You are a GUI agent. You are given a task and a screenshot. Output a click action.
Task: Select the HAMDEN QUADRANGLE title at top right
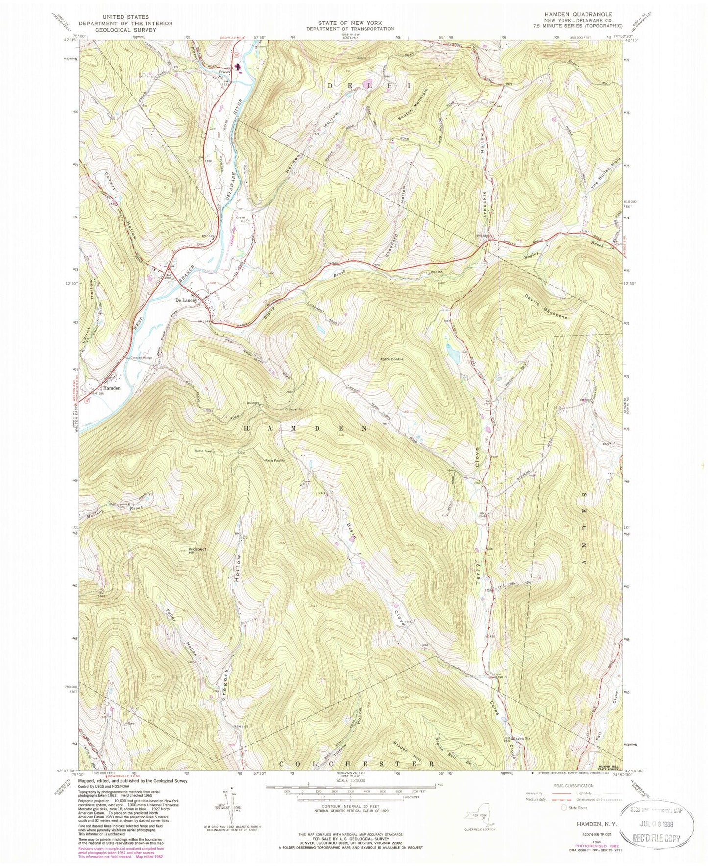pyautogui.click(x=591, y=15)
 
